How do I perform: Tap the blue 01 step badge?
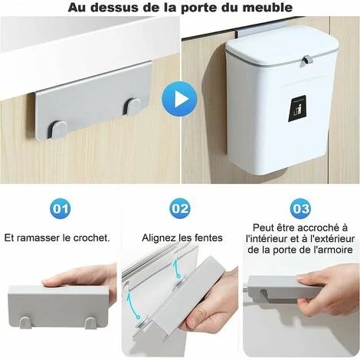coord(60,208)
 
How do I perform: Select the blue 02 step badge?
coord(181,208)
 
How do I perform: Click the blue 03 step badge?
coord(300,208)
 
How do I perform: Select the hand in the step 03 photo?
coord(329,295)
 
